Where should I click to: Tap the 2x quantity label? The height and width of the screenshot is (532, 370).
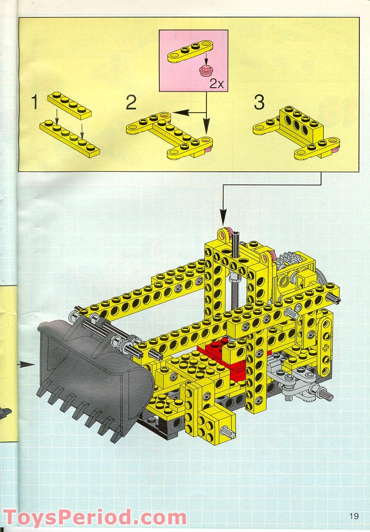click(x=217, y=83)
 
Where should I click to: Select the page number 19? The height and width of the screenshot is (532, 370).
click(x=354, y=516)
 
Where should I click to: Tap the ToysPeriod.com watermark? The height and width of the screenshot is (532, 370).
click(x=95, y=517)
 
